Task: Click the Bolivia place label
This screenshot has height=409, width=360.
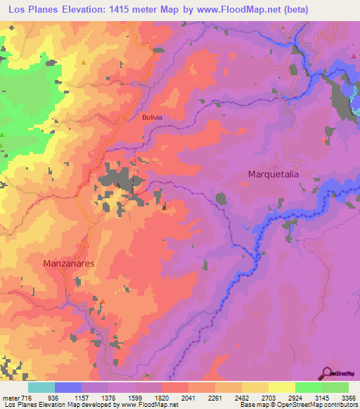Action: [152, 117]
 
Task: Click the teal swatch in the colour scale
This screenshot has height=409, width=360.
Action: [41, 388]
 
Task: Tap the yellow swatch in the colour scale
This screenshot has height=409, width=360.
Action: [281, 388]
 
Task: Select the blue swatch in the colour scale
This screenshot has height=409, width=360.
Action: [67, 388]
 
